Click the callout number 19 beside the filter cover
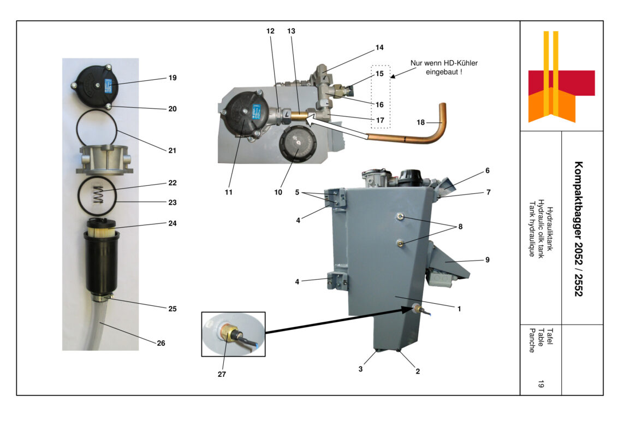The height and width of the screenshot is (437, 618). [172, 78]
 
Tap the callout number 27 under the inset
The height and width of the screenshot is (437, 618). [222, 375]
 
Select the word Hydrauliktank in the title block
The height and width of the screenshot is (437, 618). [550, 229]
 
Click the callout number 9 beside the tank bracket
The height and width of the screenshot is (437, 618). [487, 260]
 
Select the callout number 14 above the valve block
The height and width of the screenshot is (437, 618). [379, 48]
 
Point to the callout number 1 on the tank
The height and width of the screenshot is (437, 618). [459, 309]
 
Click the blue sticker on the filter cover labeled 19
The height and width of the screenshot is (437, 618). [108, 85]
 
